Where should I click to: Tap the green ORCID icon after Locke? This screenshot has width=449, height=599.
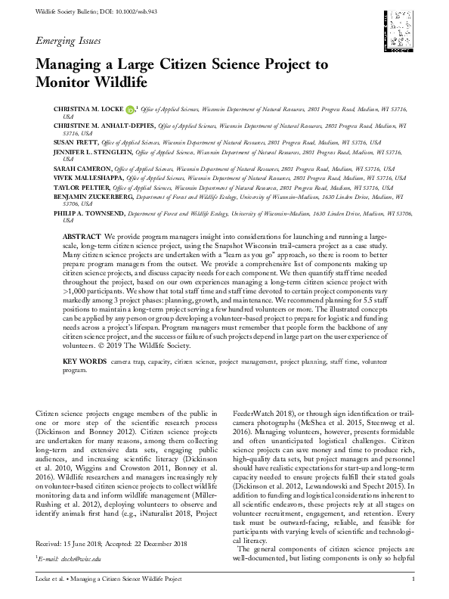[x=129, y=110]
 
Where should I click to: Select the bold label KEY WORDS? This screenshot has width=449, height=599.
[x=84, y=363]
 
